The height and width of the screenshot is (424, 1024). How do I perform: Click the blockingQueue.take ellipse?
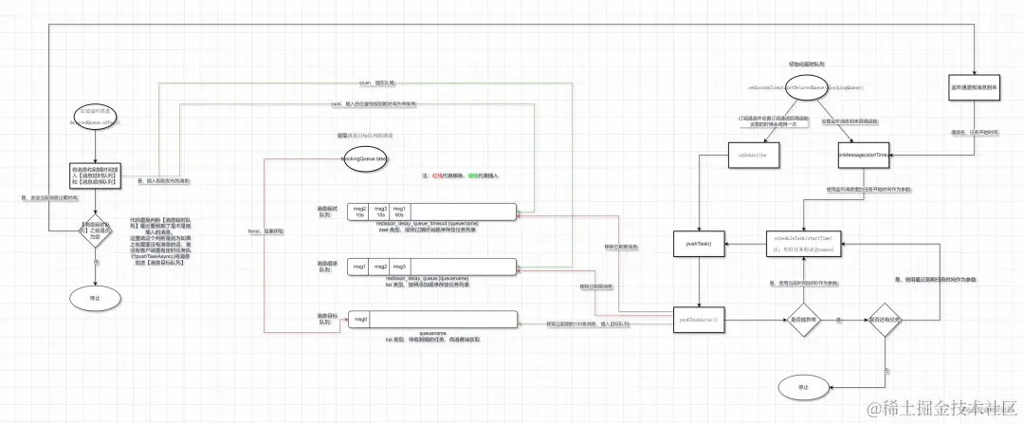tap(365, 160)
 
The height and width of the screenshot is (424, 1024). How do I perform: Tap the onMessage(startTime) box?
tap(864, 154)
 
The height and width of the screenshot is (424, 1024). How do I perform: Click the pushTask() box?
tap(699, 243)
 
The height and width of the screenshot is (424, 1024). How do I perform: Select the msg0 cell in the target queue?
tap(360, 320)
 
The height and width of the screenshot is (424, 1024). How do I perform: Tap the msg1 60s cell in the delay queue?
tap(400, 211)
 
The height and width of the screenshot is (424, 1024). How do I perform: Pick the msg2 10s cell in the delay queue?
tap(359, 211)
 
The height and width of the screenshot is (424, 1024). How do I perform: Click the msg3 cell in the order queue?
tap(400, 267)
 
